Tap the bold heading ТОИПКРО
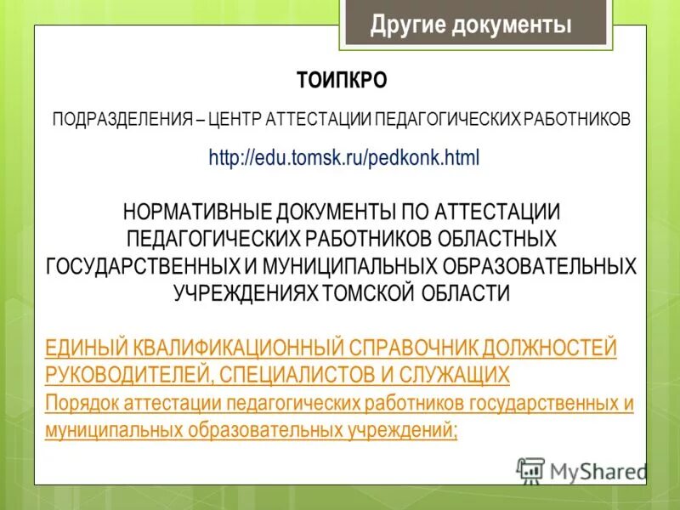click(342, 81)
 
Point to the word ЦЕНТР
click(235, 119)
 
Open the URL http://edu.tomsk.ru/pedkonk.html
click(344, 158)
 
